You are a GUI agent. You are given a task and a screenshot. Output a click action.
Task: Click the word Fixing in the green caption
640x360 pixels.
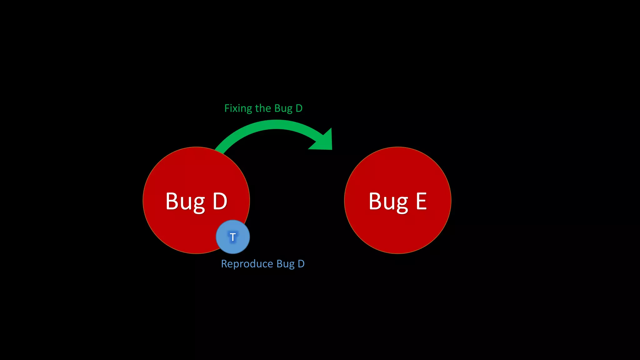pos(238,108)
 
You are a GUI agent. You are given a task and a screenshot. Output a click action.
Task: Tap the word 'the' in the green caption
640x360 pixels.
pos(263,108)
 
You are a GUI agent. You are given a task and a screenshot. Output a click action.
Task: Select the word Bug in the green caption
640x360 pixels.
pos(283,108)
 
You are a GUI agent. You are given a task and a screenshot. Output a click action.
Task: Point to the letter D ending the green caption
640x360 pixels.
pos(299,108)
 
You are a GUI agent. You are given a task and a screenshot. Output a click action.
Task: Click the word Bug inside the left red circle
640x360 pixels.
pos(185,202)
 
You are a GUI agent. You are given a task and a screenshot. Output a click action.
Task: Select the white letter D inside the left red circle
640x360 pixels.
pos(220,201)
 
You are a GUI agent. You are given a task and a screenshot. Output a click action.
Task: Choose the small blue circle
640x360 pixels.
pos(233,237)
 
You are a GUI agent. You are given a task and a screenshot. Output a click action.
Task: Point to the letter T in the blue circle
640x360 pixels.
pos(233,237)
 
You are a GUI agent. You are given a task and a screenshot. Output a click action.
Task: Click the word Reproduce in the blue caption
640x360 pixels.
pos(247,264)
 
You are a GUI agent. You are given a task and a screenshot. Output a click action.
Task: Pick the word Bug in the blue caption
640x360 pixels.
pos(285,264)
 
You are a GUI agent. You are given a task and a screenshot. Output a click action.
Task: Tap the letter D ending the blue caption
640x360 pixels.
pos(301,264)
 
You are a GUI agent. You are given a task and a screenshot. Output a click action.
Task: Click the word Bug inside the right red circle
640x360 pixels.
pos(388,202)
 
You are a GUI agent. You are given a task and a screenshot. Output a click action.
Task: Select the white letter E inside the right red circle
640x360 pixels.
pos(421,201)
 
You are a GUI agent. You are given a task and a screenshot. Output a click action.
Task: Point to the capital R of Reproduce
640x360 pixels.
pos(224,264)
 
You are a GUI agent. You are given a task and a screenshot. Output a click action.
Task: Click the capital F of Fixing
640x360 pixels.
pos(227,108)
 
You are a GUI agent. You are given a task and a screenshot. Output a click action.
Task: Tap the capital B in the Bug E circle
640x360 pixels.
pos(375,201)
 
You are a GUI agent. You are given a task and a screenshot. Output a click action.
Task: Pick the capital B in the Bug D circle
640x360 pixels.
pos(172,201)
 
